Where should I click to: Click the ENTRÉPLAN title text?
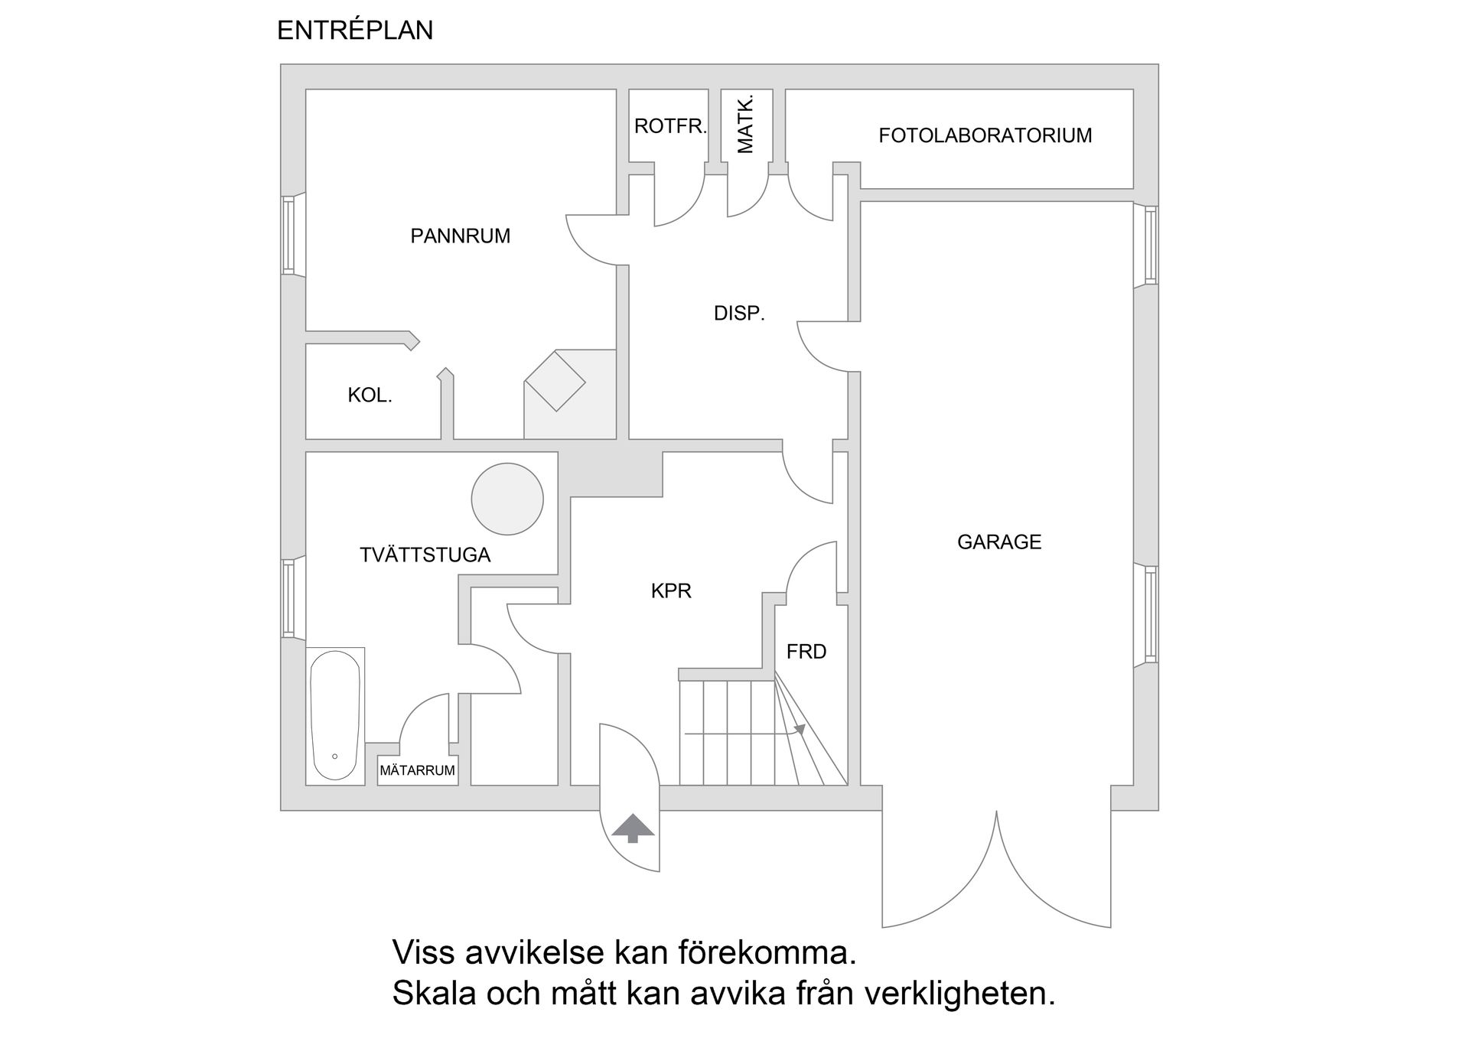point(355,31)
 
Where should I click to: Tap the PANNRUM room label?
point(460,236)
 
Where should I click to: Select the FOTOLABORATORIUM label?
point(985,136)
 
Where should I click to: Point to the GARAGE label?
point(999,542)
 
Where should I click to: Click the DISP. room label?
point(739,313)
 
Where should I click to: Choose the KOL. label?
point(370,395)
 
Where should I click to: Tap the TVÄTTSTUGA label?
point(425,555)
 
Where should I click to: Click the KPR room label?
point(671,591)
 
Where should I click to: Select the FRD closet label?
point(806,652)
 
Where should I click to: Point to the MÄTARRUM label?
point(418,771)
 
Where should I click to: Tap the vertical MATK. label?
point(745,125)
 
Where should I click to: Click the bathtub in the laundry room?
point(335,715)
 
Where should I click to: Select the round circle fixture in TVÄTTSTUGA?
point(507,499)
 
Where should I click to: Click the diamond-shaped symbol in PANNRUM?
point(555,381)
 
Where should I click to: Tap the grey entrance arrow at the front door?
point(632,828)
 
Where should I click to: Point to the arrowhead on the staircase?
point(800,730)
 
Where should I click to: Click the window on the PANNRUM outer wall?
point(288,235)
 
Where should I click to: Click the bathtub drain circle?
point(335,757)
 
